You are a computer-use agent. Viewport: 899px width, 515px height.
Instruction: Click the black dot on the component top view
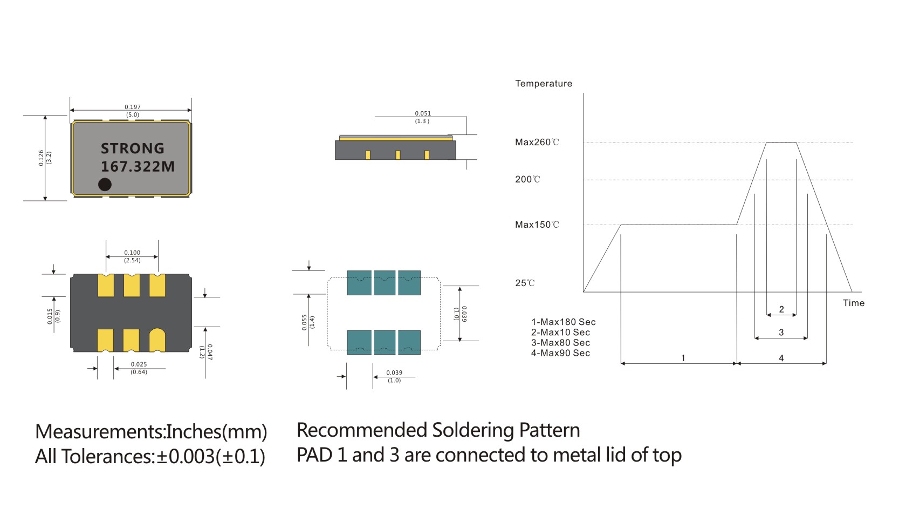(x=105, y=184)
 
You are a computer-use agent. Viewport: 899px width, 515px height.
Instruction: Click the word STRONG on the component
(x=132, y=148)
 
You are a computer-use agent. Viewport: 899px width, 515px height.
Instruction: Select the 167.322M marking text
(x=138, y=166)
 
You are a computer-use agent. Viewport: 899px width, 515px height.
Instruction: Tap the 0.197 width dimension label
(x=132, y=107)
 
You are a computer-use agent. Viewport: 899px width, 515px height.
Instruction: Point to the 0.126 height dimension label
(x=42, y=158)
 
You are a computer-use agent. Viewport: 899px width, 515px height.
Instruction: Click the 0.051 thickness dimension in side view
(x=423, y=113)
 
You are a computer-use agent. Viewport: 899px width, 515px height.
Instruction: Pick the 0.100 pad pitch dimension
(x=132, y=253)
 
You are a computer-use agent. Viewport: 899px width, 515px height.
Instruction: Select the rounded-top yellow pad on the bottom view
(x=157, y=340)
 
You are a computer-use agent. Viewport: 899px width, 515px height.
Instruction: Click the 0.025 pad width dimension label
(x=139, y=364)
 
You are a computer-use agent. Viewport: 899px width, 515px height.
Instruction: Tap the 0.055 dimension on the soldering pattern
(x=305, y=322)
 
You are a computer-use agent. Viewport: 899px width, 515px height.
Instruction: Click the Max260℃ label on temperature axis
(x=537, y=143)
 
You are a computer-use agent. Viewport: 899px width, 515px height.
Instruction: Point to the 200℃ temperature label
(x=527, y=179)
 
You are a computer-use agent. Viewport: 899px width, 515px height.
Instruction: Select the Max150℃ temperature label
(x=537, y=225)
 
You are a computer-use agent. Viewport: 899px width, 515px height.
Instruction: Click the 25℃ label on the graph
(x=525, y=283)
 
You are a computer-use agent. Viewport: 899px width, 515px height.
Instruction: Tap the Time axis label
(x=853, y=303)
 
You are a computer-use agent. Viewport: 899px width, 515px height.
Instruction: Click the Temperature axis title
(x=543, y=83)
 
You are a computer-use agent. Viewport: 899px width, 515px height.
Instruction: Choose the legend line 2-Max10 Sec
(x=560, y=333)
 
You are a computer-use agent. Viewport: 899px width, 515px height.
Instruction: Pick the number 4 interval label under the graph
(x=781, y=358)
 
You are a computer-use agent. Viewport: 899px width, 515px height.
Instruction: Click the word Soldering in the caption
(x=473, y=430)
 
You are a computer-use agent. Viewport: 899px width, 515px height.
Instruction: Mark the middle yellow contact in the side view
(x=398, y=155)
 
